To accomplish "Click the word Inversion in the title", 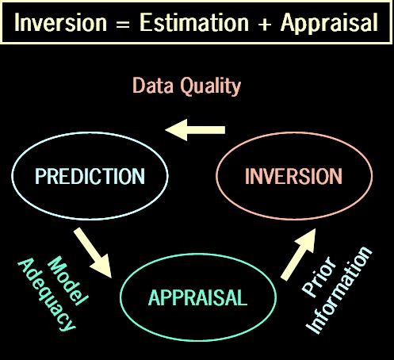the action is point(60,23).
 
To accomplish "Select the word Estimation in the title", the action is point(194,23).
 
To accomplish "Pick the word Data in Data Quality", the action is point(153,86).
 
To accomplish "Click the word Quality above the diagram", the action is point(211,86).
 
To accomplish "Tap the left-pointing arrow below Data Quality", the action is point(195,130).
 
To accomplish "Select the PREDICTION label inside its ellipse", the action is point(90,176).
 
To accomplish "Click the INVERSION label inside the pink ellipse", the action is point(293,176).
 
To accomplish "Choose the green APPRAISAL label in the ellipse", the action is point(197,297).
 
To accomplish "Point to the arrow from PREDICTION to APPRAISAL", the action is point(94,253).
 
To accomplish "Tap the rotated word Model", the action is point(68,281).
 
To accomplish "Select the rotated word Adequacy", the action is point(47,294).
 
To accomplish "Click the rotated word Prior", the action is point(318,278).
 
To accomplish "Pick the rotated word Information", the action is point(339,290).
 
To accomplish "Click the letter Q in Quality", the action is point(187,86).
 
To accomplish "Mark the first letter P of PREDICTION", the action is point(40,176).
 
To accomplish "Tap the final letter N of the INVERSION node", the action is point(336,176).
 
